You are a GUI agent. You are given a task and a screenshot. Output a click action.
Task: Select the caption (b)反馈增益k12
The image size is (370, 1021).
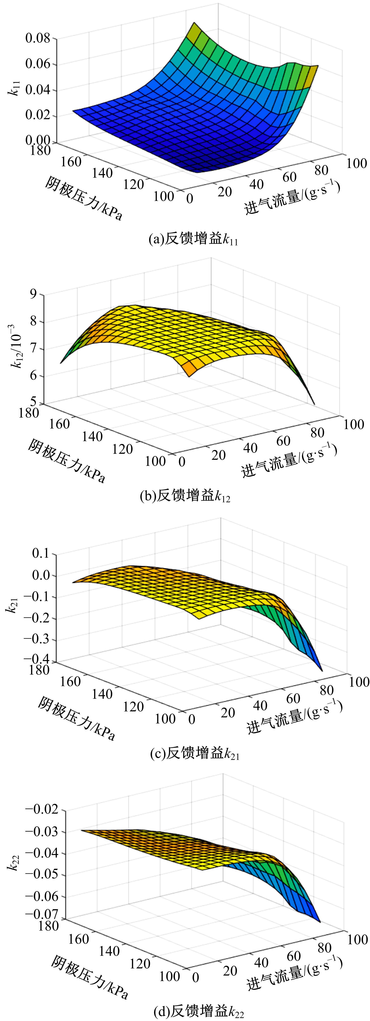pyautogui.click(x=185, y=496)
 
